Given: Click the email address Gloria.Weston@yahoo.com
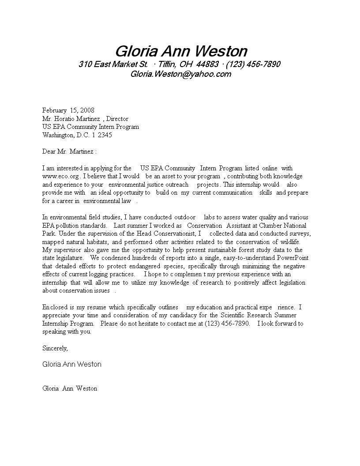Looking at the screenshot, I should pos(181,74).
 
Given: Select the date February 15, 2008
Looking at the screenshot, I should pos(68,110).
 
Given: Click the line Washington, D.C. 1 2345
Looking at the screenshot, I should pos(77,135).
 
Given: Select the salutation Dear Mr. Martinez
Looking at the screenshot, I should pos(69,151).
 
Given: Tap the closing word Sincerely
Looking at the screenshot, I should pos(55,348).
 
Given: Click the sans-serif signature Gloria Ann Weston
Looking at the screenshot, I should pos(72,365).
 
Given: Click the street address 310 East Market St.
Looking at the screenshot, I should pos(113,64).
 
